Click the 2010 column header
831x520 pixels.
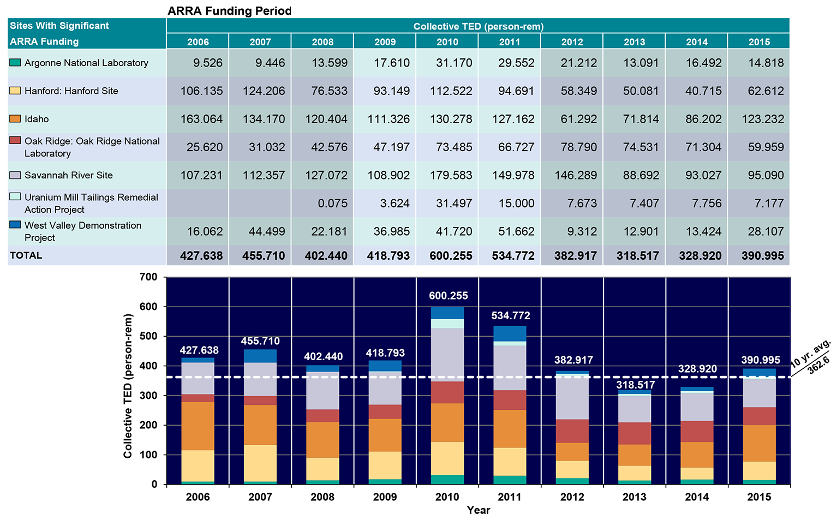[447, 42]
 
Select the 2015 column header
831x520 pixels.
[759, 42]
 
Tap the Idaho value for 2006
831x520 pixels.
[201, 119]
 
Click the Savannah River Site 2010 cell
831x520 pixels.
[451, 175]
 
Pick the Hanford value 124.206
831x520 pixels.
[264, 91]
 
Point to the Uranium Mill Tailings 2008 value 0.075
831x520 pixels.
[332, 204]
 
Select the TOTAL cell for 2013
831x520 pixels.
[637, 256]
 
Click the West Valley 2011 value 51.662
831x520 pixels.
[513, 231]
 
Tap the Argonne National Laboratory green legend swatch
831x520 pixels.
[15, 63]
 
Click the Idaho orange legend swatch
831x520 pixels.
[15, 119]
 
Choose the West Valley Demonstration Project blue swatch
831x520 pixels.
[15, 225]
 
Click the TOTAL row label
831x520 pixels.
[26, 255]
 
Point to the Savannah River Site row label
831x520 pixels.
[68, 175]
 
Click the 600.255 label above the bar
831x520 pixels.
[448, 296]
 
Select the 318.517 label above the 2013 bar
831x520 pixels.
[635, 385]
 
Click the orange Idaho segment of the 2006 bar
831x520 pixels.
[198, 426]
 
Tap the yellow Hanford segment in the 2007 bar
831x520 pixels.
[260, 463]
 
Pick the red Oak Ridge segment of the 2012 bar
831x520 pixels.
[572, 431]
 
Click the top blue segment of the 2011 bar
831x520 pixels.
[510, 333]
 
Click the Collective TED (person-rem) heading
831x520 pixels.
[478, 26]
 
